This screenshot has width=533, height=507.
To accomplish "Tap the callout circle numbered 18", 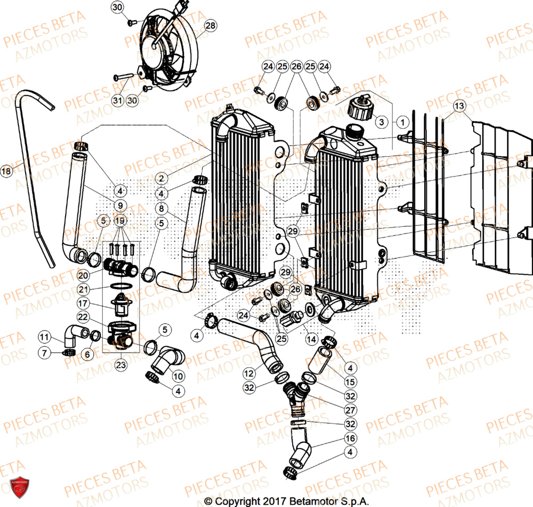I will (x=6, y=171).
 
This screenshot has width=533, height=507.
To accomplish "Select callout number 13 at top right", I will (x=460, y=105).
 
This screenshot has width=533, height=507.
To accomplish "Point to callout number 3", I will (x=381, y=121).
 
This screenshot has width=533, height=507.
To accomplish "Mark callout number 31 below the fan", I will (x=117, y=100).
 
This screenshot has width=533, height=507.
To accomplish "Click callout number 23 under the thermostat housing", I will (x=121, y=365).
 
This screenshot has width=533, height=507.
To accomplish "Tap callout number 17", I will (x=83, y=304).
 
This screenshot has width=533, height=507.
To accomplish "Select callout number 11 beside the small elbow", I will (x=45, y=337).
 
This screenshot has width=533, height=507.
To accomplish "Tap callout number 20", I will (x=83, y=276).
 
